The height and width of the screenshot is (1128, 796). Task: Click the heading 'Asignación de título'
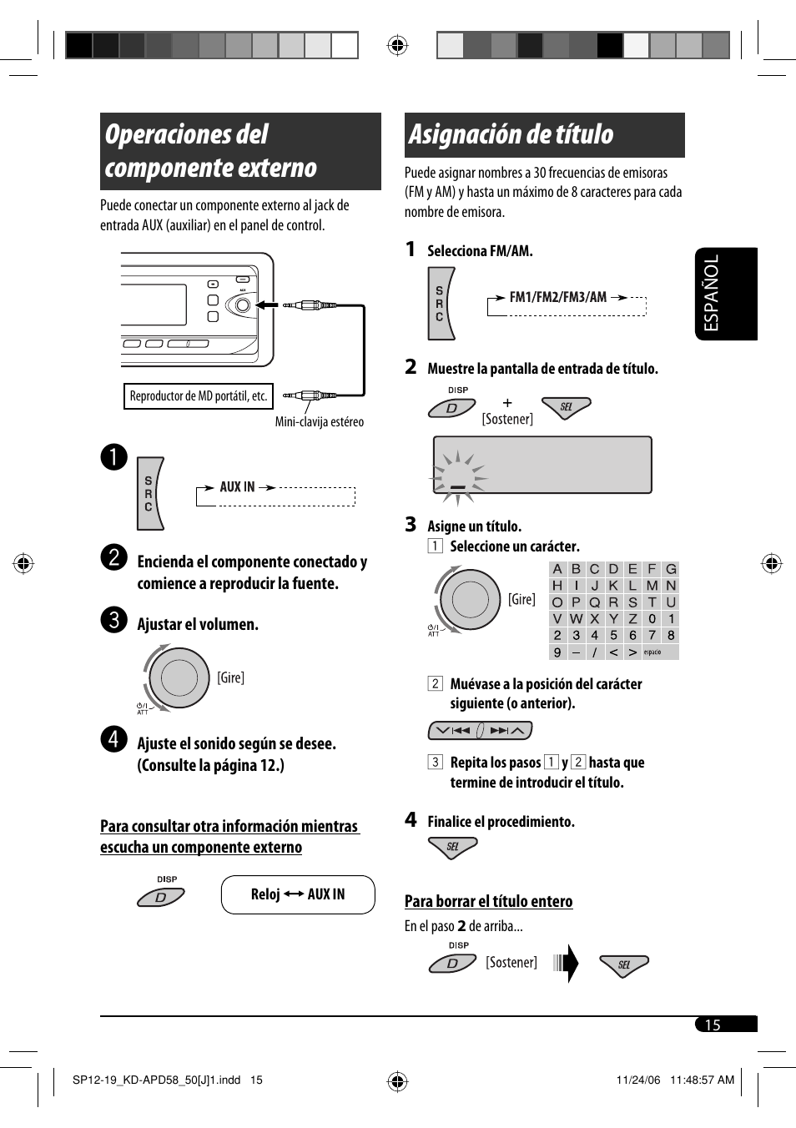[511, 134]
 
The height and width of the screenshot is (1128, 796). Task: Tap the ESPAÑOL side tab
[726, 294]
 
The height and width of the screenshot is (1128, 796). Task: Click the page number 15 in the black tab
[713, 1025]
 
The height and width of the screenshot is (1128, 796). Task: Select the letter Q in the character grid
[595, 602]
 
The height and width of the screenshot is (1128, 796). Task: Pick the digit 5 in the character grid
[613, 636]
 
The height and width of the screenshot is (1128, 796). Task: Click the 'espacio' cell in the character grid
[653, 652]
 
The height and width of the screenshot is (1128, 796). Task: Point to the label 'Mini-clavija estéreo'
[320, 422]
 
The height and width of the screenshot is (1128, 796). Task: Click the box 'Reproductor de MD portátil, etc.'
[199, 396]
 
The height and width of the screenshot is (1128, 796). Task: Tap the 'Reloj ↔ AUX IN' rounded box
[298, 894]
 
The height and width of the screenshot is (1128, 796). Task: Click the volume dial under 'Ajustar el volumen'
[179, 677]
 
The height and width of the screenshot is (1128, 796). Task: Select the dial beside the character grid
[469, 598]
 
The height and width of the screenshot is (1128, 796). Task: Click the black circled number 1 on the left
[114, 456]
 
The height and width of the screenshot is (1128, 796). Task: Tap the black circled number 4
[114, 738]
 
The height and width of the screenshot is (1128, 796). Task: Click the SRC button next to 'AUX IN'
[150, 494]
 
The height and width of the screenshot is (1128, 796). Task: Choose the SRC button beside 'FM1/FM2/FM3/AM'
[441, 304]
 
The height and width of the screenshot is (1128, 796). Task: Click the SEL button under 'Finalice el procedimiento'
[452, 847]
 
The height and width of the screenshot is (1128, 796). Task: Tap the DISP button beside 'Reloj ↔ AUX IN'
[161, 897]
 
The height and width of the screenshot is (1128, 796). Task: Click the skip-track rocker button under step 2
[480, 731]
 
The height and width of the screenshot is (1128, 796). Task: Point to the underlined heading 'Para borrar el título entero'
[488, 901]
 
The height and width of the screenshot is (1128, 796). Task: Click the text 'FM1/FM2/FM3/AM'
[558, 297]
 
